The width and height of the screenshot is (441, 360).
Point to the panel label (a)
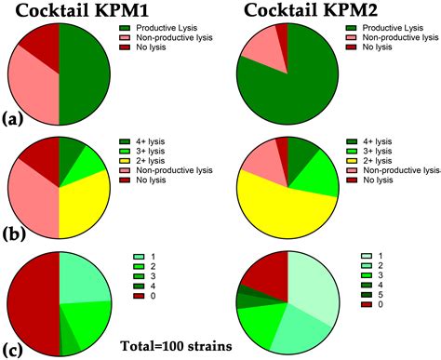pyautogui.click(x=12, y=119)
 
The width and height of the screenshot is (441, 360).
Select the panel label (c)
pyautogui.click(x=12, y=349)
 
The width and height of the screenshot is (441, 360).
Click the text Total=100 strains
pyautogui.click(x=177, y=348)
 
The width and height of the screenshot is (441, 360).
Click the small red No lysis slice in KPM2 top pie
pyautogui.click(x=281, y=33)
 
